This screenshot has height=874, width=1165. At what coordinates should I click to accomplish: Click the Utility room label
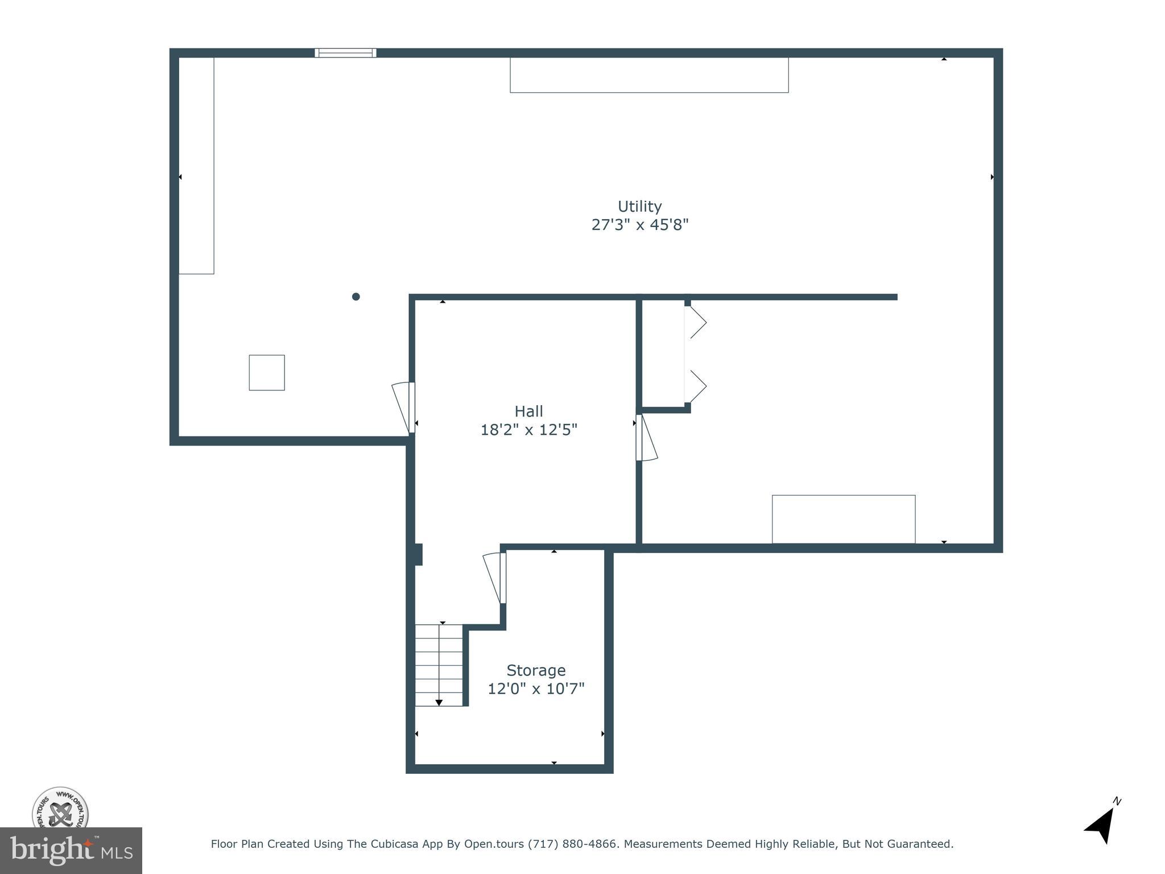(x=639, y=206)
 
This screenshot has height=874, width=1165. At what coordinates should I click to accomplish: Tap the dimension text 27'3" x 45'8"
(x=639, y=225)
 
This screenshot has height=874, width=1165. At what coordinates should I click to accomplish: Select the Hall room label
(x=528, y=411)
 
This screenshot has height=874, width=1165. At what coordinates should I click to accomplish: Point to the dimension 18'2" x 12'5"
(x=528, y=430)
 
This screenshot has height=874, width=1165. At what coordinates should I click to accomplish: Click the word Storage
(x=536, y=670)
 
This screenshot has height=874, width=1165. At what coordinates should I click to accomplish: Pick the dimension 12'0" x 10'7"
(x=536, y=689)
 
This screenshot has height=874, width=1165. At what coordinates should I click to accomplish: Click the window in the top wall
(x=345, y=53)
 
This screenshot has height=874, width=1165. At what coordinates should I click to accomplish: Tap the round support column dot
(x=356, y=296)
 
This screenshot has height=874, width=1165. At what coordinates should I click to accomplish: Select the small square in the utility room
(x=267, y=373)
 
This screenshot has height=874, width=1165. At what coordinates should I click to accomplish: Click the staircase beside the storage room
(x=439, y=665)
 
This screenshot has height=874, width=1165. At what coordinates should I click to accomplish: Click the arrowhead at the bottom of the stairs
(x=439, y=703)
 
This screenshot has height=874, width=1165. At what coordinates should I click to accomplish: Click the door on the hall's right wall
(x=647, y=438)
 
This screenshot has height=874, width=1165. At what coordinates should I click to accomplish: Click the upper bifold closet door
(x=696, y=323)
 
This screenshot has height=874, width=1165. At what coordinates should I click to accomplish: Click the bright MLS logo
(x=71, y=851)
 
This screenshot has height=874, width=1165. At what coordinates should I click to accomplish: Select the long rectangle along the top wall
(x=649, y=75)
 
